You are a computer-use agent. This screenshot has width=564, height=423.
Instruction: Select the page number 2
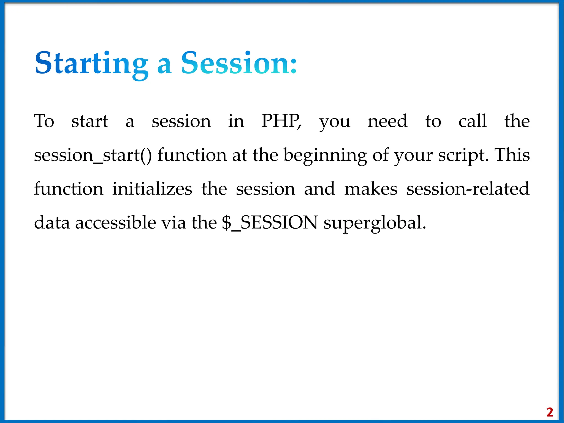tap(550, 412)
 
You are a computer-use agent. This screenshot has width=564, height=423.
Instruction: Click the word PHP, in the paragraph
tap(281, 121)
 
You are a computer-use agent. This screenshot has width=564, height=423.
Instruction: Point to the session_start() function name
tap(93, 155)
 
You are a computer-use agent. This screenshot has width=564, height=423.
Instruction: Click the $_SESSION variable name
tap(270, 223)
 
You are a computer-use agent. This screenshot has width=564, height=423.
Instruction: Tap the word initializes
tap(152, 189)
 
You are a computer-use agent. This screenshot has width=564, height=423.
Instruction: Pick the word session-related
tap(468, 189)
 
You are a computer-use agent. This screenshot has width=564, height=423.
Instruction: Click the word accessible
tap(116, 223)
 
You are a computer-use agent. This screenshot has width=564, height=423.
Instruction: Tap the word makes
tap(371, 189)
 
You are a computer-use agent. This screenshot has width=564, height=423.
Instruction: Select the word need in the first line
tap(387, 121)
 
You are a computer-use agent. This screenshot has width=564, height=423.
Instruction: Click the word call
tap(473, 121)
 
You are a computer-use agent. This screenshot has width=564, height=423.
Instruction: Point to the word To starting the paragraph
tap(44, 121)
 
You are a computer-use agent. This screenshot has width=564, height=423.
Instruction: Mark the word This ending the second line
tap(512, 155)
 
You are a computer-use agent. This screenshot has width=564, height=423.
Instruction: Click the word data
tap(52, 223)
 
